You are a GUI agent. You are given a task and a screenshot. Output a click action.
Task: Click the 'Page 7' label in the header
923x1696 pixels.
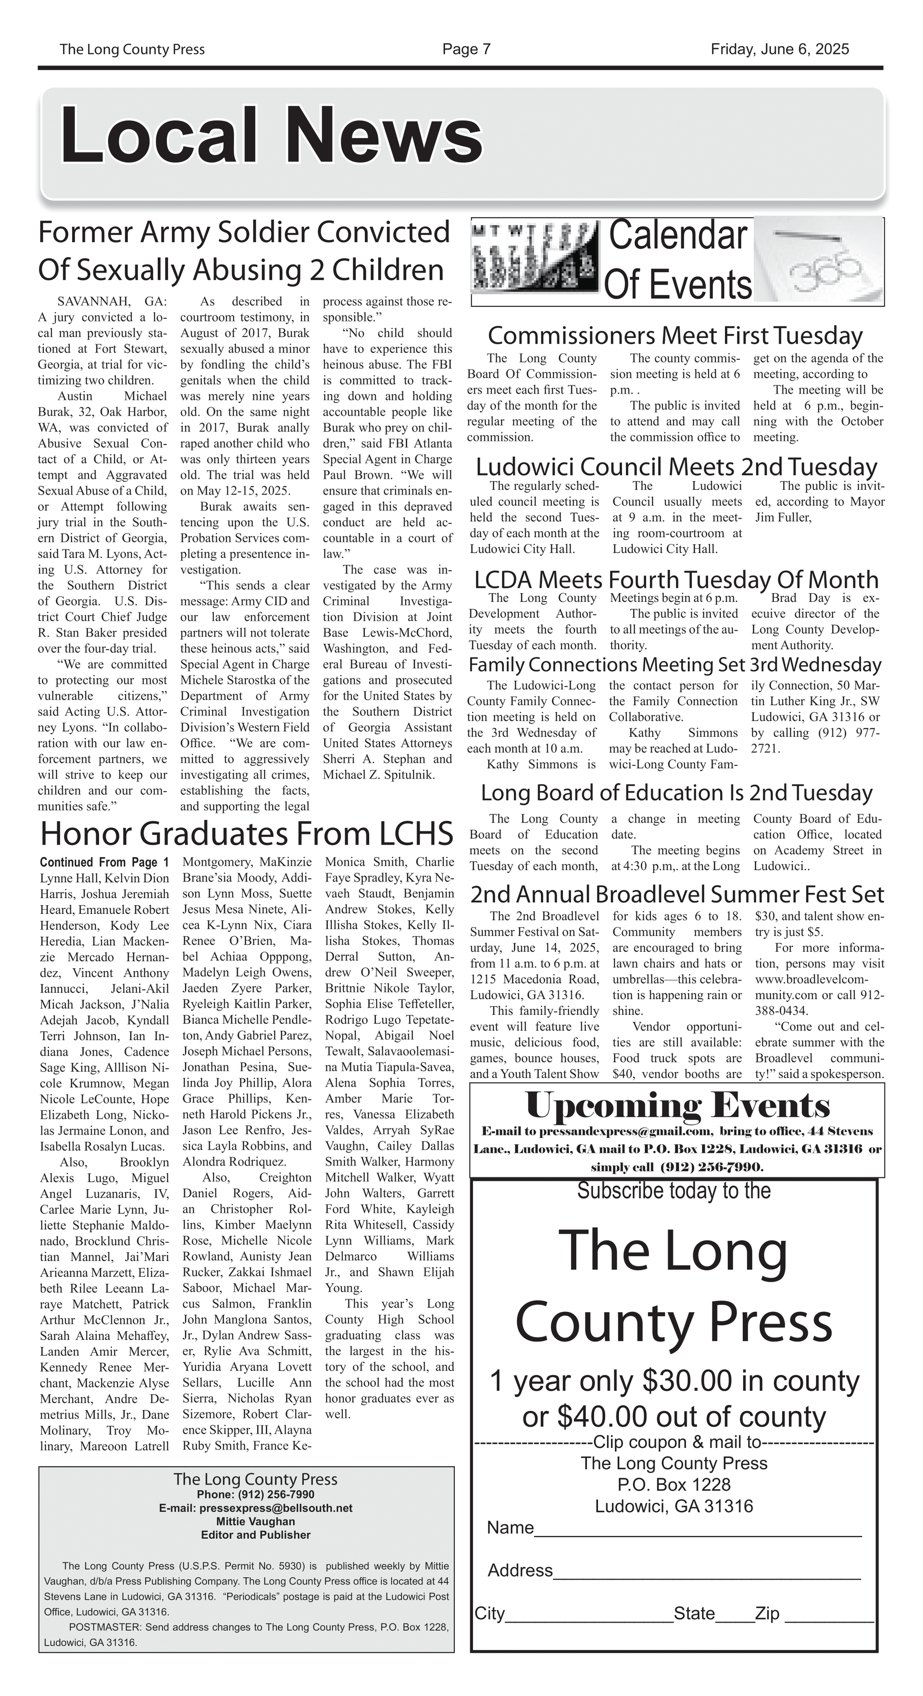pyautogui.click(x=466, y=50)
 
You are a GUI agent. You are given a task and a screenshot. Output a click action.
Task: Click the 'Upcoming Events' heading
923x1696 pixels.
pyautogui.click(x=677, y=1106)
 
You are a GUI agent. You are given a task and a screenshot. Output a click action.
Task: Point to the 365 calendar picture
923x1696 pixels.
pyautogui.click(x=818, y=261)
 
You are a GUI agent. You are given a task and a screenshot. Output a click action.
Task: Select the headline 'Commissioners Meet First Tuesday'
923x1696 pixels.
pyautogui.click(x=675, y=336)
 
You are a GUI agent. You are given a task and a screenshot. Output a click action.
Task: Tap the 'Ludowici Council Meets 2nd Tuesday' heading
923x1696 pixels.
pyautogui.click(x=676, y=467)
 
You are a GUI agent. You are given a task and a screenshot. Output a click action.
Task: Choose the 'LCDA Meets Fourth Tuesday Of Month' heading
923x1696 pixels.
pyautogui.click(x=676, y=579)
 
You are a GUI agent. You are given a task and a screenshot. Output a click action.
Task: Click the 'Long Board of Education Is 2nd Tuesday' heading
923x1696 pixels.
pyautogui.click(x=676, y=793)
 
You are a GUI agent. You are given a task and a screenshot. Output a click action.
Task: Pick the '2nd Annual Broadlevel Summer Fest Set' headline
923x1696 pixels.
pyautogui.click(x=677, y=894)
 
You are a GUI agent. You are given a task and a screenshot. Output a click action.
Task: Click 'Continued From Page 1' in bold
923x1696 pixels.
pyautogui.click(x=104, y=862)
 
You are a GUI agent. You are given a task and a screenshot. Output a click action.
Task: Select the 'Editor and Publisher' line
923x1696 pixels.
pyautogui.click(x=255, y=1534)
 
